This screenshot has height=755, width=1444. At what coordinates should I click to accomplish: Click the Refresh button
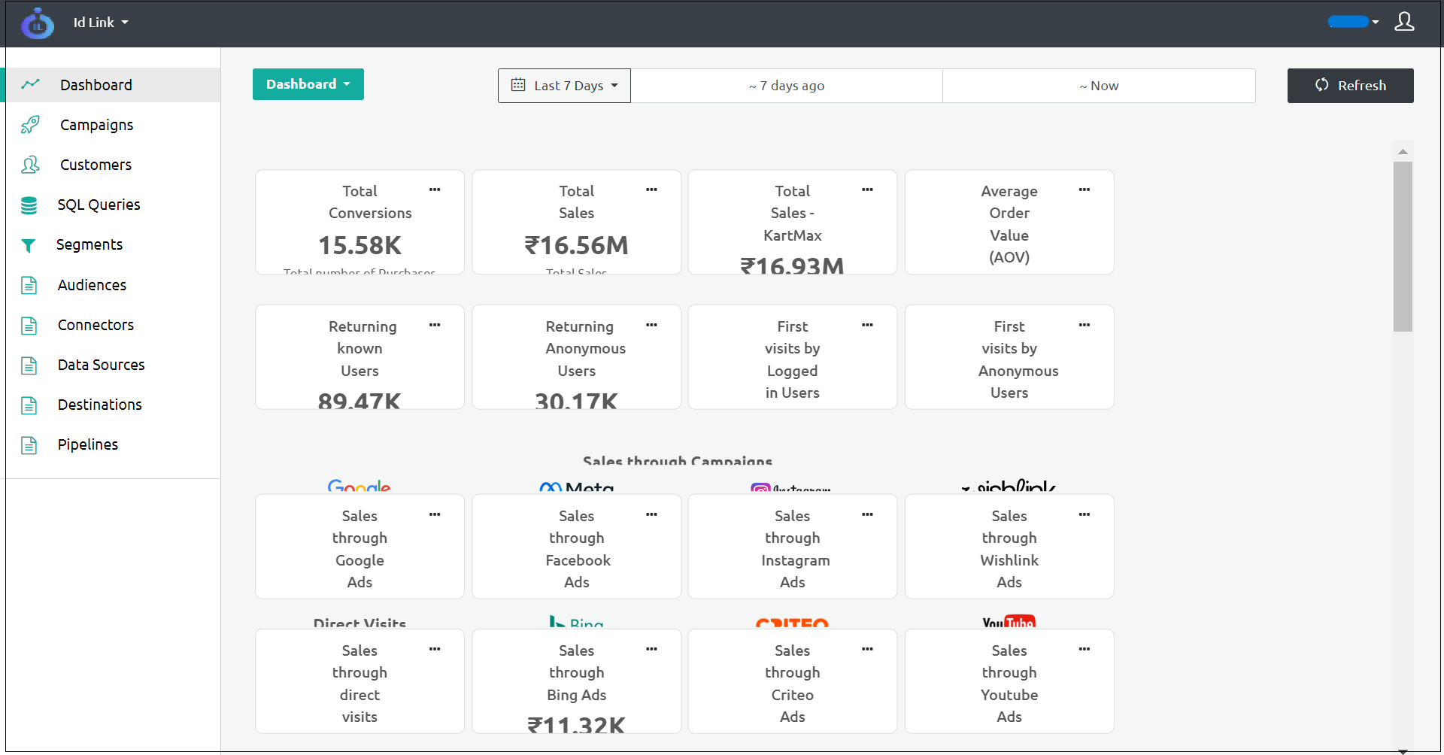(x=1350, y=86)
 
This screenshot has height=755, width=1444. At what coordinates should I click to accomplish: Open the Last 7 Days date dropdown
(x=564, y=86)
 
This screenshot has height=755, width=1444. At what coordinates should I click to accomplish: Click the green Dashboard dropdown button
(x=308, y=84)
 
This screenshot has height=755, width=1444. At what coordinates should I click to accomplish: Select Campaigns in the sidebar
(x=96, y=125)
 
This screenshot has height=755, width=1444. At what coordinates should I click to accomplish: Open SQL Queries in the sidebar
(x=99, y=205)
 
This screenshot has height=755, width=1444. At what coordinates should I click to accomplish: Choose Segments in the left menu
(x=89, y=244)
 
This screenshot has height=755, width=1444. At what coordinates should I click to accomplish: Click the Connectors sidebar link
(x=96, y=325)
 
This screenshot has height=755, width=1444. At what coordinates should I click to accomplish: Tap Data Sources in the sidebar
(x=101, y=365)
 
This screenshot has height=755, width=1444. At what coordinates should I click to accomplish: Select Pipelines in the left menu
(x=87, y=444)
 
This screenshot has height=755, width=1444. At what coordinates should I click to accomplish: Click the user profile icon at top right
(x=1403, y=22)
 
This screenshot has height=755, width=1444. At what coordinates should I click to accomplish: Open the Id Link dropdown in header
(x=101, y=23)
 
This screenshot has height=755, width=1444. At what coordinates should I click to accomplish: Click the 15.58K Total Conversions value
(x=359, y=245)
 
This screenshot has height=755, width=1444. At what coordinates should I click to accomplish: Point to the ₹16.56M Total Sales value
(x=576, y=245)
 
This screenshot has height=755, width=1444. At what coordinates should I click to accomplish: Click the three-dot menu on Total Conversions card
(x=435, y=190)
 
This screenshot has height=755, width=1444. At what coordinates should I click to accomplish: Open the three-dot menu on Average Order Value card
(x=1084, y=190)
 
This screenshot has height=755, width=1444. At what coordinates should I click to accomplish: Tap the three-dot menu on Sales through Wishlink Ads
(x=1084, y=514)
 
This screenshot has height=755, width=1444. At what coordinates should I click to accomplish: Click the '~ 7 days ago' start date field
(x=786, y=86)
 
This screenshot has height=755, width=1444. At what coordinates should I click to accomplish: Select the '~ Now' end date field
(x=1099, y=86)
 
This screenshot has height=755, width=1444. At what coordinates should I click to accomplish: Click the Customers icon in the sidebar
(x=30, y=165)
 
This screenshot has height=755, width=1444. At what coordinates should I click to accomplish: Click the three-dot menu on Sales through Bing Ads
(x=651, y=649)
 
